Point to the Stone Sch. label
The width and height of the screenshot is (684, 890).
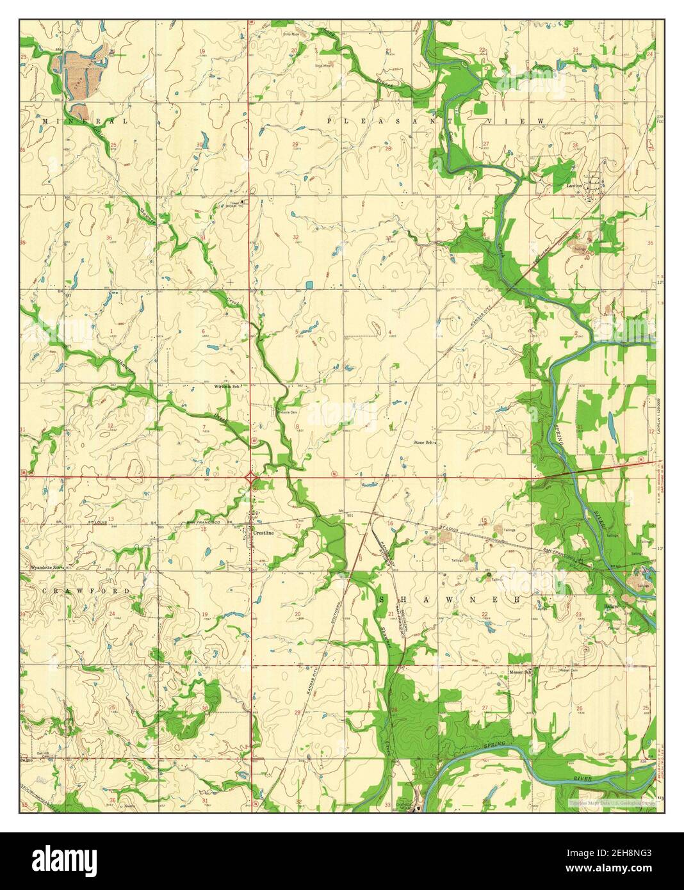tap(423, 442)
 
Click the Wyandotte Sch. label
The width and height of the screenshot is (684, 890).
tap(46, 567)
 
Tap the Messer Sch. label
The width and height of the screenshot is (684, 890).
tap(520, 673)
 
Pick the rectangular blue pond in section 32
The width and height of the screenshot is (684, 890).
tap(309, 284)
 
